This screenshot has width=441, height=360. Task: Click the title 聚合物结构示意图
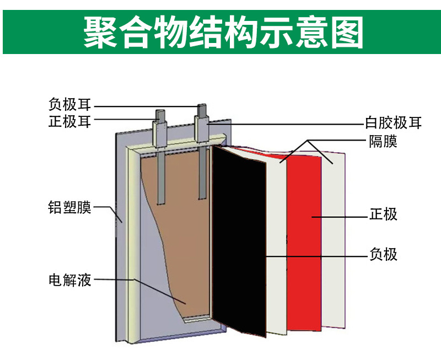click(223, 32)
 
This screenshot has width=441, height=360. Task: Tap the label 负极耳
click(70, 105)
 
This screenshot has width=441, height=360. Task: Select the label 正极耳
click(70, 121)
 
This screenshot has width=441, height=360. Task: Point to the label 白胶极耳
click(393, 122)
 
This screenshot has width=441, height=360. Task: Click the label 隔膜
click(383, 142)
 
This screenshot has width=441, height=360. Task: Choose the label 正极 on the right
click(383, 214)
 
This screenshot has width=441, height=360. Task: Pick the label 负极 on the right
click(383, 254)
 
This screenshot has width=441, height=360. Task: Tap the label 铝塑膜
click(70, 207)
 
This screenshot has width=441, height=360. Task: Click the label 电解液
click(70, 280)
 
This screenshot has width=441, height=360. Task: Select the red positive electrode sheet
click(304, 242)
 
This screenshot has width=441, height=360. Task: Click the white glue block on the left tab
click(160, 133)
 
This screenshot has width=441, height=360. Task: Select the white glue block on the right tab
click(202, 129)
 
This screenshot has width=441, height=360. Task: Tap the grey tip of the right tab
click(202, 110)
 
